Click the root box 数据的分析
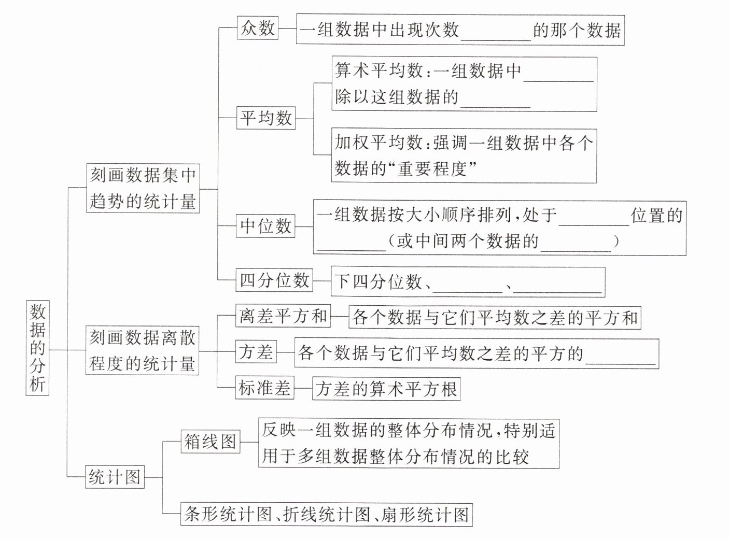37,348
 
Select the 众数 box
258,28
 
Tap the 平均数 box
266,118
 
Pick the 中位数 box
265,226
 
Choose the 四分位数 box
274,280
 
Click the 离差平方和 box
283,316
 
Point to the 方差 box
256,351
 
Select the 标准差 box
264,388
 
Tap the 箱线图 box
211,442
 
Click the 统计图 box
115,477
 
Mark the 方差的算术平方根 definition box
386,389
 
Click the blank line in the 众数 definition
496,40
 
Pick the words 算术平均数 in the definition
378,70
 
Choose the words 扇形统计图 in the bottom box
425,515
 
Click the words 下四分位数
378,281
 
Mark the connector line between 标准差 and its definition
303,388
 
